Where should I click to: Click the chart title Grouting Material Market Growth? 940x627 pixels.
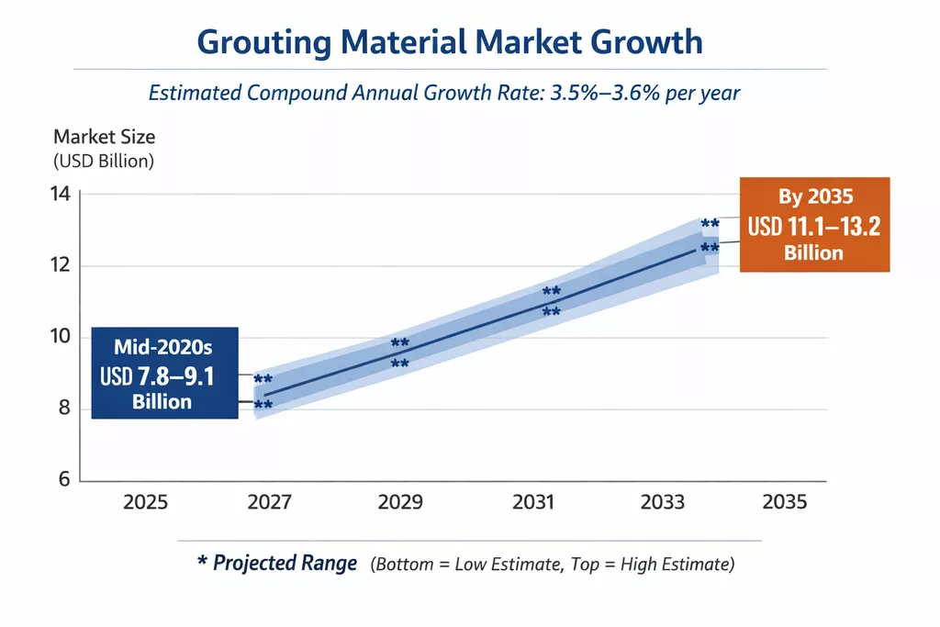coord(450,42)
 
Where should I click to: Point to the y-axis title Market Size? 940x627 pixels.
coord(104,138)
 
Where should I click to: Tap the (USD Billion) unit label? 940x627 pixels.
coord(104,161)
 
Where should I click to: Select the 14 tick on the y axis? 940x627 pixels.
coord(61,195)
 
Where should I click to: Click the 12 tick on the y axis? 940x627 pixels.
coord(61,266)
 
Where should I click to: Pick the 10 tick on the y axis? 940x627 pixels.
coord(61,337)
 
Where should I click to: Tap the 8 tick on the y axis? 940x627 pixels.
coord(62,409)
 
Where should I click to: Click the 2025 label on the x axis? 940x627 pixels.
coord(146,503)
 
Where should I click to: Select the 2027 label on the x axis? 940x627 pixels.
coord(269,503)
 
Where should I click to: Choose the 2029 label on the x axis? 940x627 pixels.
coord(400,503)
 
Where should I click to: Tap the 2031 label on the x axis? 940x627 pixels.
coord(533,503)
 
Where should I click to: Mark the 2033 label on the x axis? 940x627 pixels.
coord(663,503)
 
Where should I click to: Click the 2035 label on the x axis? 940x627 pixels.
coord(785,503)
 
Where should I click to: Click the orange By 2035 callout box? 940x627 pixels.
coord(814,225)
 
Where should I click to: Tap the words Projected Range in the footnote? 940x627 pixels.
coord(285,564)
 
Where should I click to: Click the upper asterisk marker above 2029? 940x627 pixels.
coord(400,344)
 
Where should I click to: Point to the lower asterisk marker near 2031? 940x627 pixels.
coord(551,313)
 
